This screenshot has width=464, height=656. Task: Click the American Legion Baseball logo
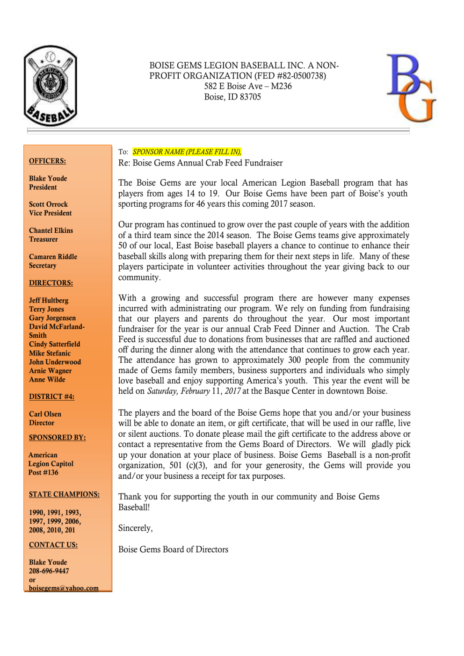(51, 86)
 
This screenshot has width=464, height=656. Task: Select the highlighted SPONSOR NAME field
(187, 152)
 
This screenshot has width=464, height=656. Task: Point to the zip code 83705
(250, 97)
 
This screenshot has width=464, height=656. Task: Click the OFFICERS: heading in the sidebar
(47, 161)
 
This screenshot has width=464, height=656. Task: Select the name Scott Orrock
(48, 204)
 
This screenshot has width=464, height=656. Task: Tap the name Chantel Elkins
(51, 231)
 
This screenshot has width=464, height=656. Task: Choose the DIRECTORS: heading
(51, 283)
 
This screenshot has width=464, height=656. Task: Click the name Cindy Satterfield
(54, 344)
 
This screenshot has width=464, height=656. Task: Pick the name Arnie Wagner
(50, 371)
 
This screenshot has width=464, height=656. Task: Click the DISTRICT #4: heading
(51, 396)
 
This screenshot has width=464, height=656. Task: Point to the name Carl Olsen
(45, 414)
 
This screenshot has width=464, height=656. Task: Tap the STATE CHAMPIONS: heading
(64, 494)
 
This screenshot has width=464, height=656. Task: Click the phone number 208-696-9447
(49, 571)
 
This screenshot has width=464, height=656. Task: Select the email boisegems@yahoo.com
(64, 588)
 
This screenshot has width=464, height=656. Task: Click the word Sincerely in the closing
(135, 528)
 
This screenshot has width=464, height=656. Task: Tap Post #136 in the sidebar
(43, 472)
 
